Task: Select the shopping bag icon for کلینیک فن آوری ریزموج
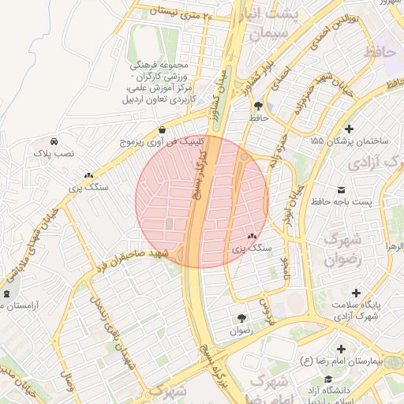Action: (x=162, y=130)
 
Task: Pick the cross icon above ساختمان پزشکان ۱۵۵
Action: (x=350, y=128)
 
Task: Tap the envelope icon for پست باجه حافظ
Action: (x=341, y=190)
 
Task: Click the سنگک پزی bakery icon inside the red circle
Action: (x=252, y=236)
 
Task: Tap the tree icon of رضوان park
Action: (x=240, y=318)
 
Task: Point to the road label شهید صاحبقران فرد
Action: (x=130, y=261)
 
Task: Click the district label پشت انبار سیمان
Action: (x=271, y=25)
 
